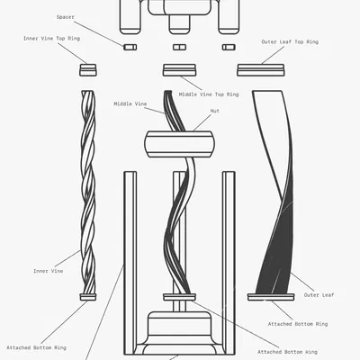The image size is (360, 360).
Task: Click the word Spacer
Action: [x=66, y=17]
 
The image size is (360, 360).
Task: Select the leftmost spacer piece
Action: [x=130, y=47]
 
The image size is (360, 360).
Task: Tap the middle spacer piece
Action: [x=179, y=47]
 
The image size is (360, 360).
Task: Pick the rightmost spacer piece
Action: [x=229, y=47]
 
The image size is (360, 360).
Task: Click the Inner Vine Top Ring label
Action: [x=51, y=39]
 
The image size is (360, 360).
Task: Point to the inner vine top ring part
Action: [x=88, y=70]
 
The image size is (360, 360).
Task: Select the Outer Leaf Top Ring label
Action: [x=290, y=42]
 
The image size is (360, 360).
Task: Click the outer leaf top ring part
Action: [x=261, y=70]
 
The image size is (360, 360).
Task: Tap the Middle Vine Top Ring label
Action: [x=209, y=94]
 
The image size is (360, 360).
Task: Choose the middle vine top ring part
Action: [x=179, y=70]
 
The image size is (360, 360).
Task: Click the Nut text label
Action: [x=215, y=111]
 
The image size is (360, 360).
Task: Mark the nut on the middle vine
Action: [x=180, y=144]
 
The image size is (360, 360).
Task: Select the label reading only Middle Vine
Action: [x=130, y=104]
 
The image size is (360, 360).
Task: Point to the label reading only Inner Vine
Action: [x=49, y=271]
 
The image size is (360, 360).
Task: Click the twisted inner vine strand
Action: [x=88, y=192]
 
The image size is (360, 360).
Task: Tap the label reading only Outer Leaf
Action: [x=319, y=295]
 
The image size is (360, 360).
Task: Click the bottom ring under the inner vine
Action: [x=88, y=297]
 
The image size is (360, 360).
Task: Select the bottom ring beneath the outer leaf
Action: [x=271, y=297]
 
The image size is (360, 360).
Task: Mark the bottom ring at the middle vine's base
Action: [x=179, y=297]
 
